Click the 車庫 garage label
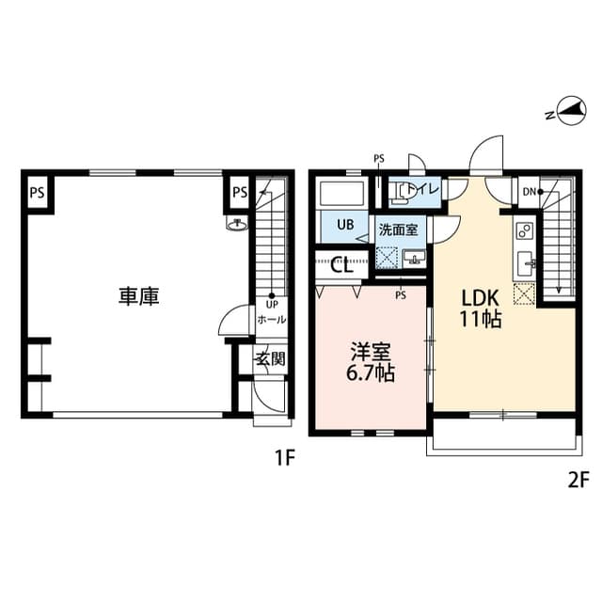pos(138,296)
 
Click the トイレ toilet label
pos(426,191)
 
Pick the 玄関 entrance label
pos(271,358)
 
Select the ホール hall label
pos(272,320)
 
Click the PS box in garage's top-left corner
pos(37,194)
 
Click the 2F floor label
pos(578,480)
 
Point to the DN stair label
pos(530,193)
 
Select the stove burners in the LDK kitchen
pos(525,230)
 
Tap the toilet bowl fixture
pos(403,192)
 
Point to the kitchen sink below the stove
pos(525,263)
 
